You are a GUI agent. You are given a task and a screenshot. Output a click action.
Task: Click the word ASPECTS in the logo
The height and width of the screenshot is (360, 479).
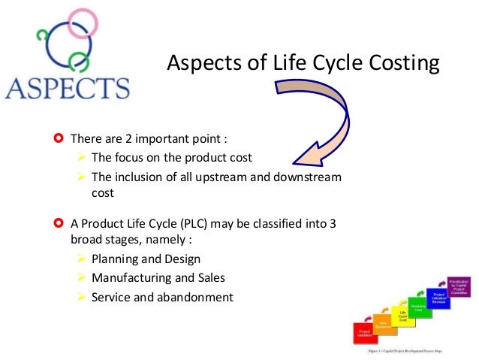coord(67,88)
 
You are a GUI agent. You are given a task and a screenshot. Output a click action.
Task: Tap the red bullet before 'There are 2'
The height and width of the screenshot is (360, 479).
coord(59,139)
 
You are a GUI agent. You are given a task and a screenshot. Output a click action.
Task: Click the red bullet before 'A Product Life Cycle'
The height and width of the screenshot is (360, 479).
coord(59,223)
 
